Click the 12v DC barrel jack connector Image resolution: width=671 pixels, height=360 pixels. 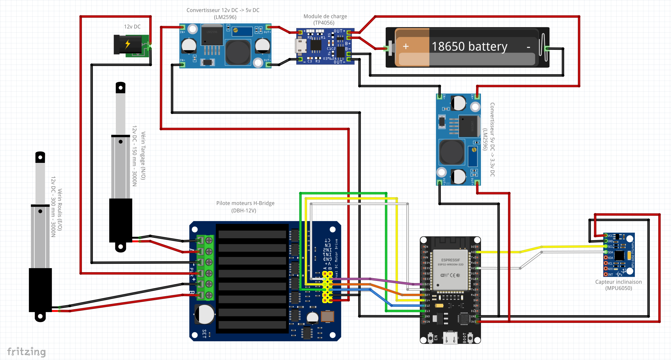click(129, 45)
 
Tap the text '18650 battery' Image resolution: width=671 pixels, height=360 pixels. click(469, 47)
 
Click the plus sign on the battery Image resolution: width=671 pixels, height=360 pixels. click(406, 47)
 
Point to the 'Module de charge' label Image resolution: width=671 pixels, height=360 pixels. click(325, 17)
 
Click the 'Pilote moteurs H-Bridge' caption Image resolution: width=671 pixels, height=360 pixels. click(245, 203)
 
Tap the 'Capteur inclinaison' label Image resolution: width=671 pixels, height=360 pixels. click(618, 282)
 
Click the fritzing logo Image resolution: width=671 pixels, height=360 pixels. click(26, 352)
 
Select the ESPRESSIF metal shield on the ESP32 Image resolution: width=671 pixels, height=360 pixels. click(450, 270)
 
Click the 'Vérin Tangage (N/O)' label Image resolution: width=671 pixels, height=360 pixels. click(143, 156)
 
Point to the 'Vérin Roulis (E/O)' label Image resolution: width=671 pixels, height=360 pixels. click(60, 209)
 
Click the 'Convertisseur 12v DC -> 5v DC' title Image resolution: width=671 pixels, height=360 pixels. click(223, 10)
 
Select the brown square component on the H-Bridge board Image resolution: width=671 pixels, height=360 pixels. click(327, 316)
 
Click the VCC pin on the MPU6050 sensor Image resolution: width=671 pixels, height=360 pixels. click(606, 235)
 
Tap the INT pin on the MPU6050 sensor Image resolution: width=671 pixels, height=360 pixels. click(606, 274)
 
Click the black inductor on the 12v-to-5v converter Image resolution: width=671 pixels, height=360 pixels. click(238, 52)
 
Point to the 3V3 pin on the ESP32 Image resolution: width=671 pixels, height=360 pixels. click(477, 322)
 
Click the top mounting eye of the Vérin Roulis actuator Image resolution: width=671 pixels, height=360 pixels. click(40, 157)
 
